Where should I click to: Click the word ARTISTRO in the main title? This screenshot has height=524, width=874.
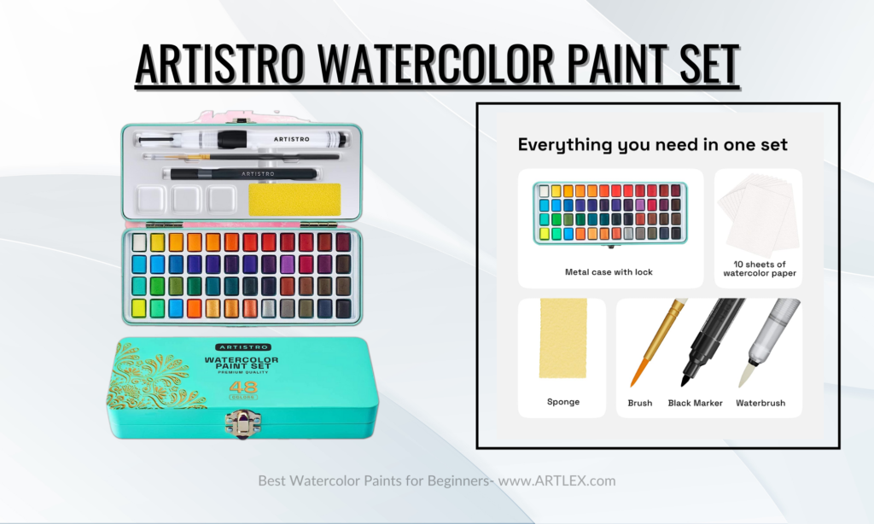tap(220, 63)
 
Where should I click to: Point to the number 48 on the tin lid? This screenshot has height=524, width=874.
tap(243, 387)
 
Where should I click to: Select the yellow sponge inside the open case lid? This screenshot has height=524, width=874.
tap(294, 200)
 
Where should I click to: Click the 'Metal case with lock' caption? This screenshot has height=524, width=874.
tap(609, 272)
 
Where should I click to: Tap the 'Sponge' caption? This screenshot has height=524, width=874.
tap(563, 401)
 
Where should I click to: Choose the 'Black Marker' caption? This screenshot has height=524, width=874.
tap(695, 403)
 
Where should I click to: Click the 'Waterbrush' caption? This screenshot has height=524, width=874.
tap(760, 403)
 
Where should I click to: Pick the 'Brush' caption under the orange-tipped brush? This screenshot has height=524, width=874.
tap(640, 403)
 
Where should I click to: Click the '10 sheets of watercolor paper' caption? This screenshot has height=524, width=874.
tap(760, 269)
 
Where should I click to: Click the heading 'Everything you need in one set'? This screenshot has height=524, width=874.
tap(653, 145)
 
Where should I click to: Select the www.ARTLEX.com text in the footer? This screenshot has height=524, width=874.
tap(556, 480)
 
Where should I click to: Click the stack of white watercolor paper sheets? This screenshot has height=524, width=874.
tap(759, 214)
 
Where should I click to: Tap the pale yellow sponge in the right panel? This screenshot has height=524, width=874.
tap(563, 338)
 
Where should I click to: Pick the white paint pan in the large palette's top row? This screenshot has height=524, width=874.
tap(139, 242)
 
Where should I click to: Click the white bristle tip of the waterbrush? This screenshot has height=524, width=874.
tap(745, 374)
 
